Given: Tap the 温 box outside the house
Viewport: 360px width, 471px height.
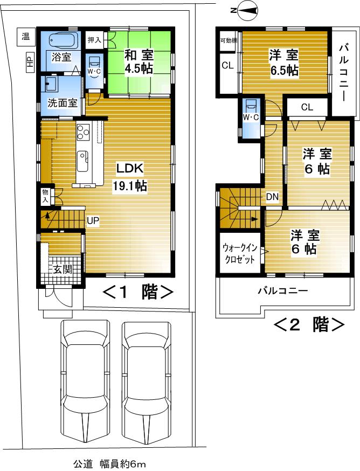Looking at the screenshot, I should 25,36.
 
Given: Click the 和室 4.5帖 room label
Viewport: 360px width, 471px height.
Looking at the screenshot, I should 139,61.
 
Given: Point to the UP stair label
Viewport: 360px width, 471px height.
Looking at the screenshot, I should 93,220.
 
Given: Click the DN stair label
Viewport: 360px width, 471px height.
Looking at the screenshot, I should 272,197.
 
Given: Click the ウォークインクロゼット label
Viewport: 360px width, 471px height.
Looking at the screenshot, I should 239,253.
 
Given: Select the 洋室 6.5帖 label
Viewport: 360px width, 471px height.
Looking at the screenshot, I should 284,62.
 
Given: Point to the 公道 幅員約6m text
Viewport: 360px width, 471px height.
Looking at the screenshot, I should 109,463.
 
